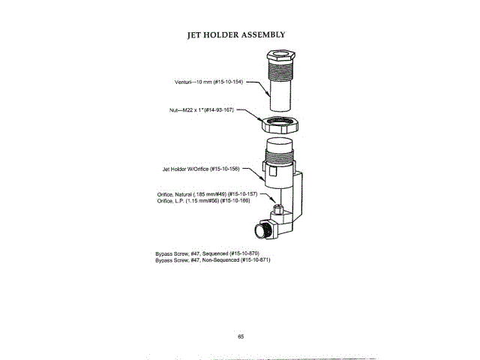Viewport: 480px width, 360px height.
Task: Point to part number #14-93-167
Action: tap(219, 110)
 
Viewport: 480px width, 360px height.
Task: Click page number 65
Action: tap(241, 336)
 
